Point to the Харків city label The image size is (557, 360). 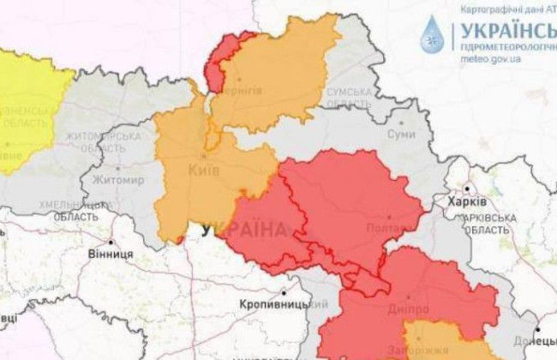click(x=467, y=201)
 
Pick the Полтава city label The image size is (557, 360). click(x=391, y=229)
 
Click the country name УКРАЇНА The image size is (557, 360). click(x=245, y=230)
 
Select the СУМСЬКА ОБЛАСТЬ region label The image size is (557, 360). click(x=349, y=97)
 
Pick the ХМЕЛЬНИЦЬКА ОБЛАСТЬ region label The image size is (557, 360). click(x=68, y=211)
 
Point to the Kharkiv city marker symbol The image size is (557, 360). click(x=468, y=188)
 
